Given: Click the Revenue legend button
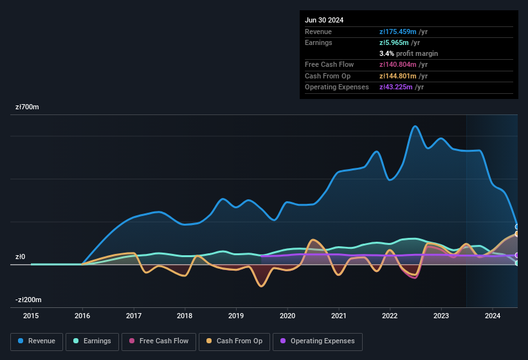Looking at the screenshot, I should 37,341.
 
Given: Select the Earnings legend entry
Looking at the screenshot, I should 92,341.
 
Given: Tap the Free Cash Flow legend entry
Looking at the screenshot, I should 158,341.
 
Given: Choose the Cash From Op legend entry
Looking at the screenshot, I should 234,341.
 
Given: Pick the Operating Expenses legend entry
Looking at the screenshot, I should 318,341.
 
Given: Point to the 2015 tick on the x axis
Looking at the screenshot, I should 31,316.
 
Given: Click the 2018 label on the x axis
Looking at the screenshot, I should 185,316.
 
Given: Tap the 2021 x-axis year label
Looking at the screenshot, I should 339,316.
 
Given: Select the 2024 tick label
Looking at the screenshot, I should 493,316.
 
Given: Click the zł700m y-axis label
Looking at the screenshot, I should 28,107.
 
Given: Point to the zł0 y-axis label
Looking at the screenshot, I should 20,257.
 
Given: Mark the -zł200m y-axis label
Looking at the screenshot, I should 28,300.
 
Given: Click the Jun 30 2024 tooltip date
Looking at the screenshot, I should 324,20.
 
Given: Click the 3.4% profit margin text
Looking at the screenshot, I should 408,53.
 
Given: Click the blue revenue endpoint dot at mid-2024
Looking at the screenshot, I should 517,226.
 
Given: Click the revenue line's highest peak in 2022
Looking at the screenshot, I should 415,126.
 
